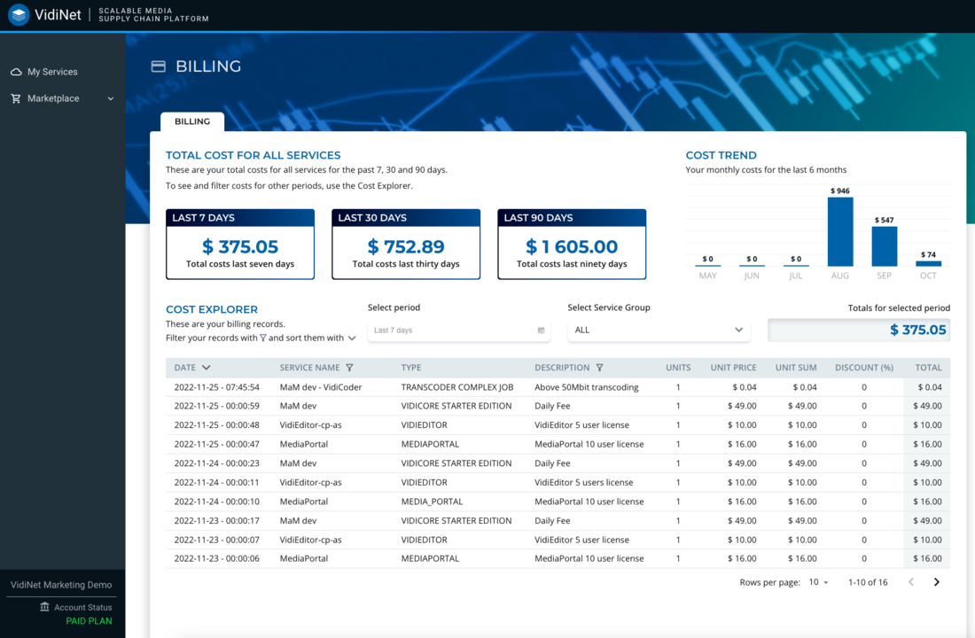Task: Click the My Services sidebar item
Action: pyautogui.click(x=51, y=72)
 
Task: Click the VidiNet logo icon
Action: pyautogui.click(x=19, y=14)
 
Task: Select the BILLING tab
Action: pyautogui.click(x=192, y=121)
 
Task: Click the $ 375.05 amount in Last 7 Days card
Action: pyautogui.click(x=240, y=246)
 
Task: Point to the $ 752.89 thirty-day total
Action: pyautogui.click(x=406, y=246)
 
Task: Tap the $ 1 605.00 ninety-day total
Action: pyautogui.click(x=572, y=246)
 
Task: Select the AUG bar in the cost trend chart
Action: pyautogui.click(x=840, y=231)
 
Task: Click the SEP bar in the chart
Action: pyautogui.click(x=885, y=246)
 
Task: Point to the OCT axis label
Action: pyautogui.click(x=928, y=276)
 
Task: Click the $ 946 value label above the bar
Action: pyautogui.click(x=840, y=191)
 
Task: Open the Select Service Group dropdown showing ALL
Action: pyautogui.click(x=659, y=331)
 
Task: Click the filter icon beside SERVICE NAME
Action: pyautogui.click(x=349, y=368)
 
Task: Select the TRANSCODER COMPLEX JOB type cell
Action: pyautogui.click(x=456, y=387)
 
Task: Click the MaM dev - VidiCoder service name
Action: pyautogui.click(x=321, y=387)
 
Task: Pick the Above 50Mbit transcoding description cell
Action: pyautogui.click(x=587, y=387)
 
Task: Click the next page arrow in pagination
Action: pyautogui.click(x=936, y=582)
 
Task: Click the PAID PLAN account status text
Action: pyautogui.click(x=89, y=621)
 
